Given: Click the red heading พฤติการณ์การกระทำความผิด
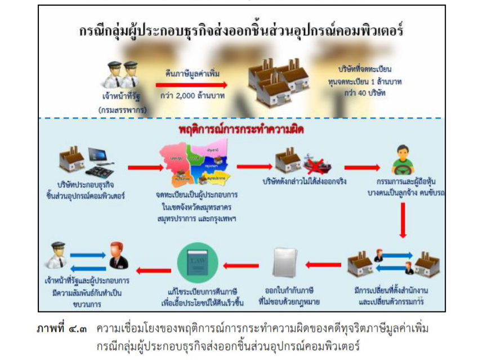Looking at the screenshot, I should pos(239,130).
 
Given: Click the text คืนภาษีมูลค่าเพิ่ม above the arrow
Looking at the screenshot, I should pos(192,74).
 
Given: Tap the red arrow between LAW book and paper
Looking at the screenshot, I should pos(241,264).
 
